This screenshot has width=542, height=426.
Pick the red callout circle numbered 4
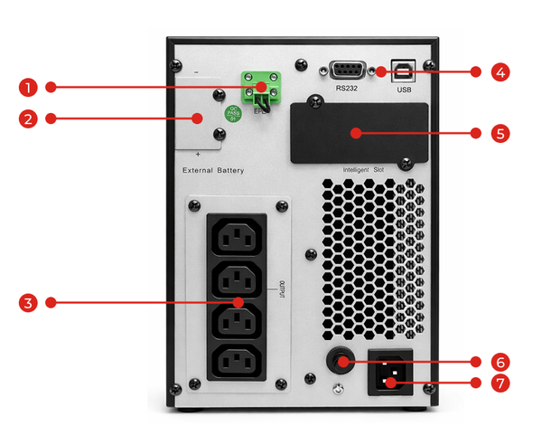click(500, 71)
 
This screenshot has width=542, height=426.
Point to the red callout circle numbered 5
click(500, 132)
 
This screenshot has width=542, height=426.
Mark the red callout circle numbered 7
click(500, 383)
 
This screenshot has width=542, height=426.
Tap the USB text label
click(404, 90)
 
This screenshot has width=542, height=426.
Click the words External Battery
click(213, 170)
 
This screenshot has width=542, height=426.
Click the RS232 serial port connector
click(348, 71)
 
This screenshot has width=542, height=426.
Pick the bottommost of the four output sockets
click(238, 362)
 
